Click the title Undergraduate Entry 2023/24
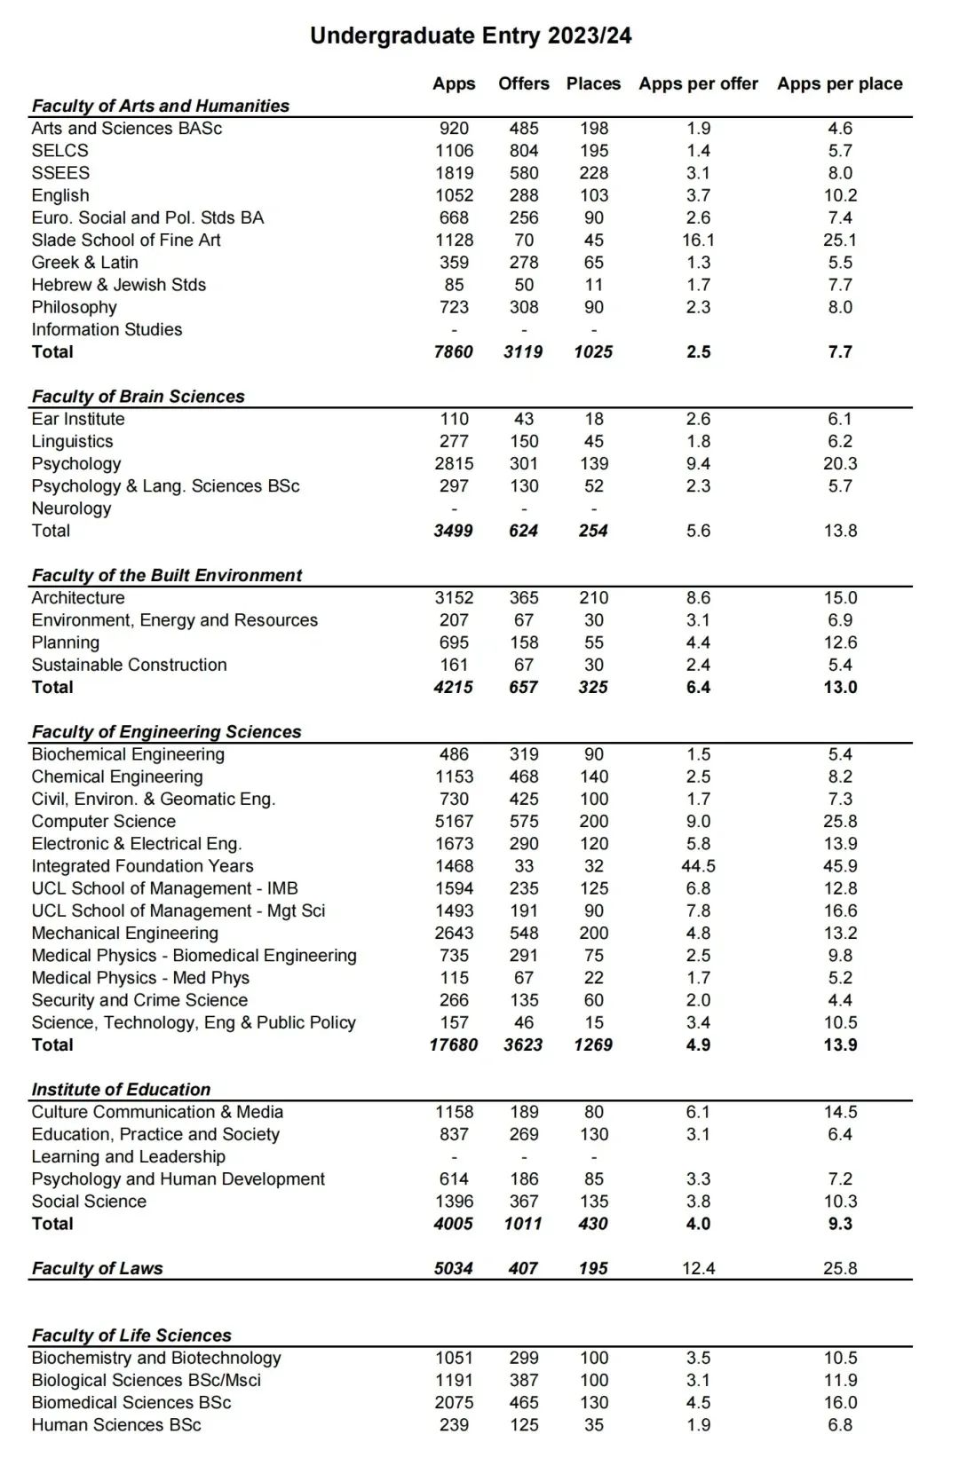coord(471,35)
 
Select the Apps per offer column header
coord(698,84)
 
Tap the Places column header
coord(593,84)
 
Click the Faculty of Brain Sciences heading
coord(138,397)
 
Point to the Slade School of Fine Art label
coord(126,240)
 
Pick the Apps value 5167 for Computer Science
coord(454,822)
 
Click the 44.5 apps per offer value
coord(698,866)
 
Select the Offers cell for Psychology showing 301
coord(524,464)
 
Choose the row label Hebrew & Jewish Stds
coord(118,285)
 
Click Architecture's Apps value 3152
coord(454,598)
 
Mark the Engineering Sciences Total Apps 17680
coord(453,1045)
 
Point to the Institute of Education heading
coord(121,1090)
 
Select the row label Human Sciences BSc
coord(116,1425)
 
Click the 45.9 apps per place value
coord(840,866)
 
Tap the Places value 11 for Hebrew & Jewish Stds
coord(593,285)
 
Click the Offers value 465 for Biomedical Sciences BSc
coord(524,1403)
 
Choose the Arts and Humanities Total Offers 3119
coord(523,352)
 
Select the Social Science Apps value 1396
coord(454,1202)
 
